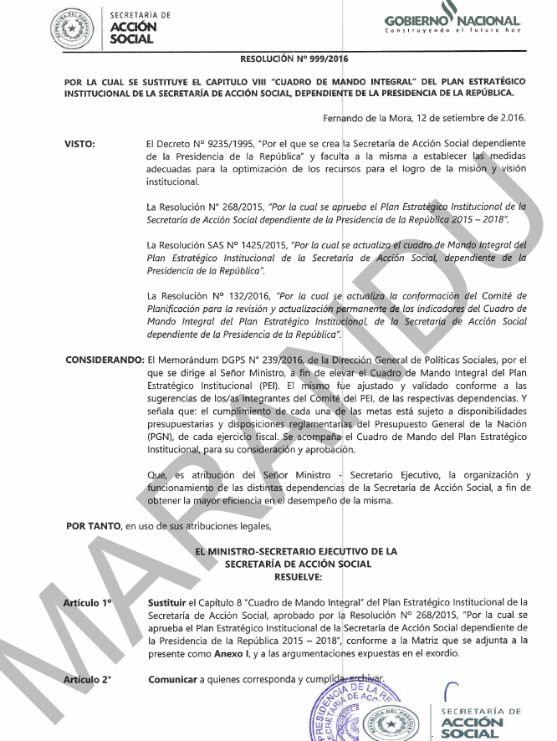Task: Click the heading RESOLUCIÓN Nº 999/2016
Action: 294,59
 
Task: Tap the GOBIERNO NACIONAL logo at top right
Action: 452,23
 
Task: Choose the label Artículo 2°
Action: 89,679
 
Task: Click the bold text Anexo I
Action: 219,653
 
